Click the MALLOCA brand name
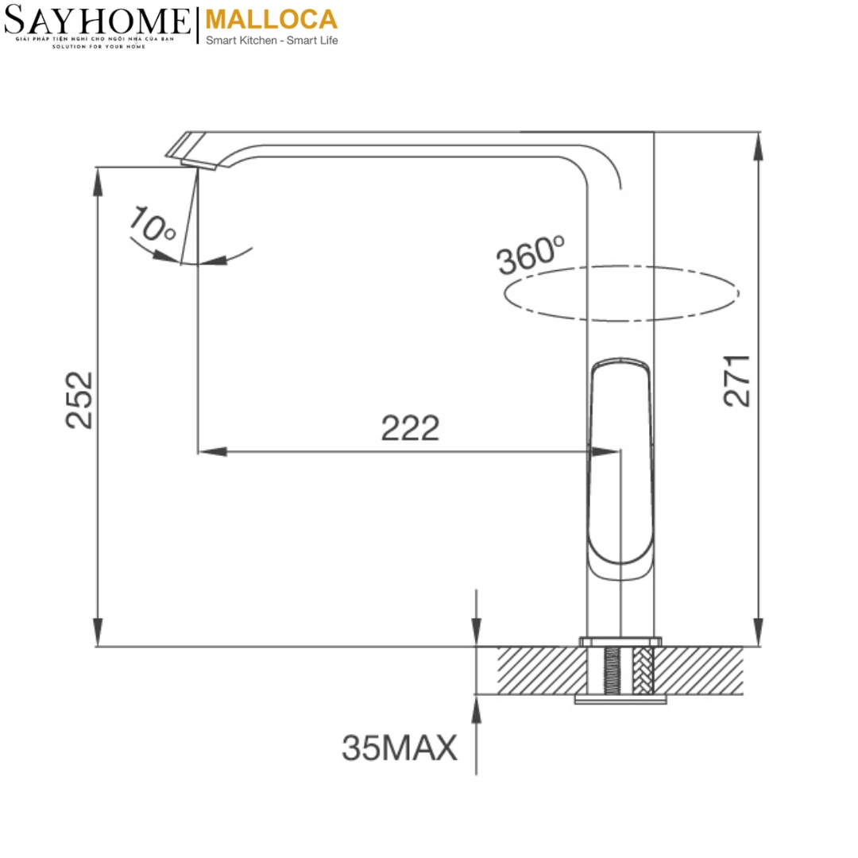(x=271, y=19)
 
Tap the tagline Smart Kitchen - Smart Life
(x=272, y=40)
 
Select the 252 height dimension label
(x=79, y=400)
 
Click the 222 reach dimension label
(x=410, y=429)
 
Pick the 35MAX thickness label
(x=400, y=748)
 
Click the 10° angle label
(x=153, y=225)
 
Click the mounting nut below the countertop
(x=620, y=699)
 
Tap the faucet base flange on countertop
(x=620, y=640)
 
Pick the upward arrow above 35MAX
(x=476, y=711)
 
